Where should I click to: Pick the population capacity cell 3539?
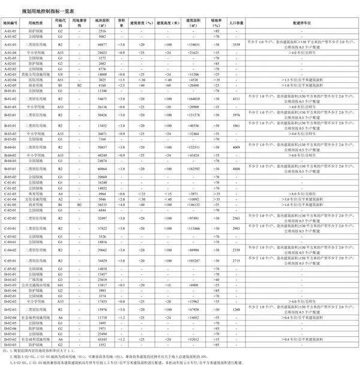click(236, 44)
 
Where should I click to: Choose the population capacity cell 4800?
click(236, 169)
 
